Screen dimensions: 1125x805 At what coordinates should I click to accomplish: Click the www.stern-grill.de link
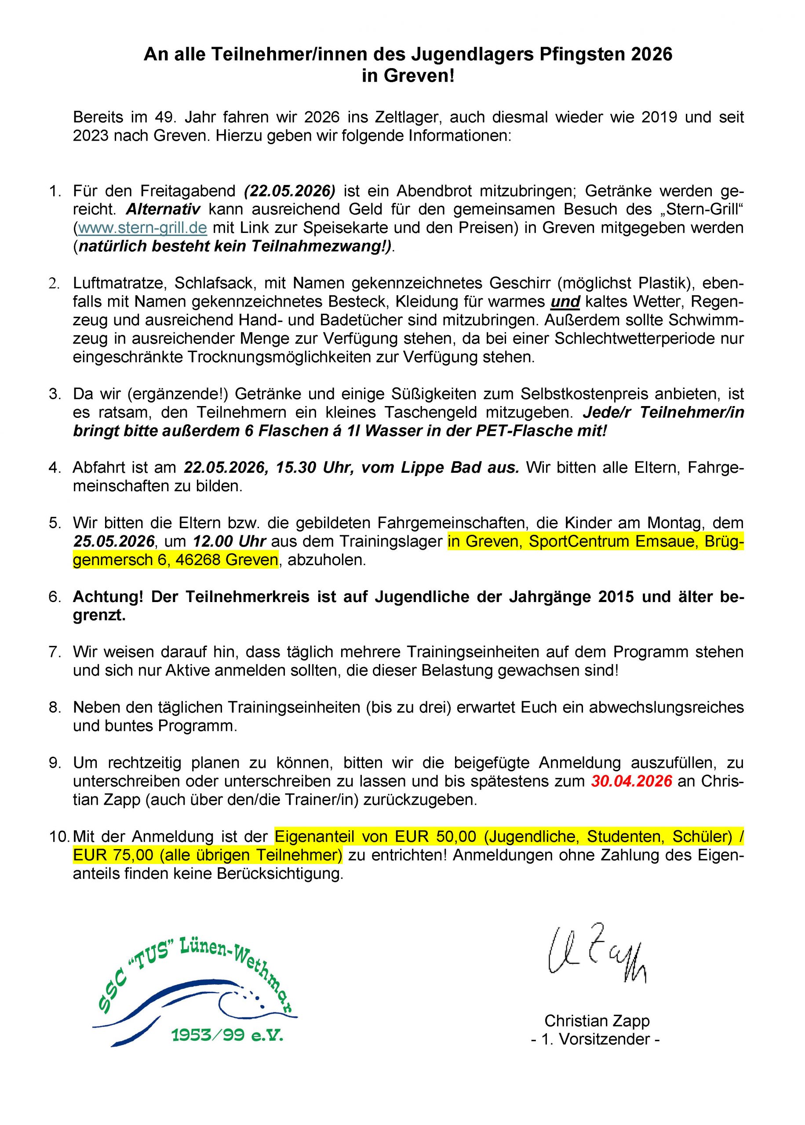(142, 228)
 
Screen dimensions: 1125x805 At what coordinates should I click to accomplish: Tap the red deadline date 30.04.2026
(631, 781)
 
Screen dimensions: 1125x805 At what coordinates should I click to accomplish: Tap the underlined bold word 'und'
(565, 301)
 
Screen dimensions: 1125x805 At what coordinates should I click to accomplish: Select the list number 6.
(54, 597)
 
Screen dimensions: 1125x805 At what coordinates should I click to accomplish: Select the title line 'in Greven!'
(408, 76)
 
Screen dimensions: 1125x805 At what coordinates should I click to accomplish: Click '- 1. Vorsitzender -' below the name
(595, 1039)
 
